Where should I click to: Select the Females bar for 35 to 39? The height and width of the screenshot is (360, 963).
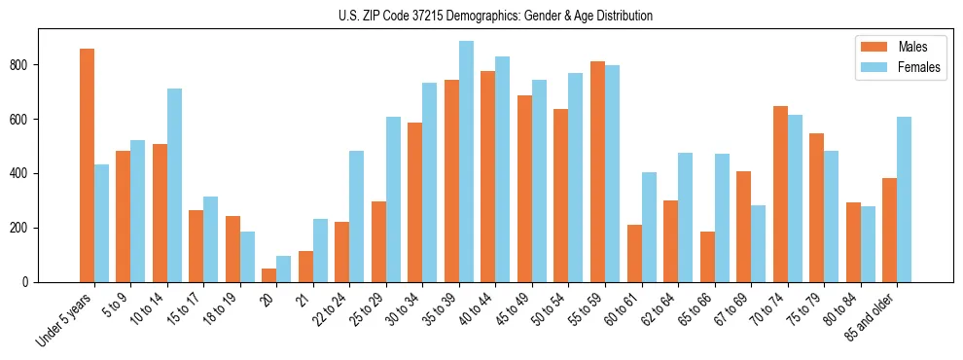pyautogui.click(x=467, y=162)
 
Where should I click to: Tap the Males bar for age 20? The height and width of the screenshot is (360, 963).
pyautogui.click(x=269, y=275)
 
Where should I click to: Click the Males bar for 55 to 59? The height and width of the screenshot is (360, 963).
pyautogui.click(x=597, y=172)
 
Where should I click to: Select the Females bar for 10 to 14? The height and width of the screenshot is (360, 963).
pyautogui.click(x=175, y=185)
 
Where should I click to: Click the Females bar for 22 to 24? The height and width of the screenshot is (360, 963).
pyautogui.click(x=357, y=216)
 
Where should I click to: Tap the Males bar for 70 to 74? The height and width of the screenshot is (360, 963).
pyautogui.click(x=780, y=194)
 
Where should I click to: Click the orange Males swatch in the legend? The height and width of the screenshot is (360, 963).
pyautogui.click(x=871, y=47)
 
